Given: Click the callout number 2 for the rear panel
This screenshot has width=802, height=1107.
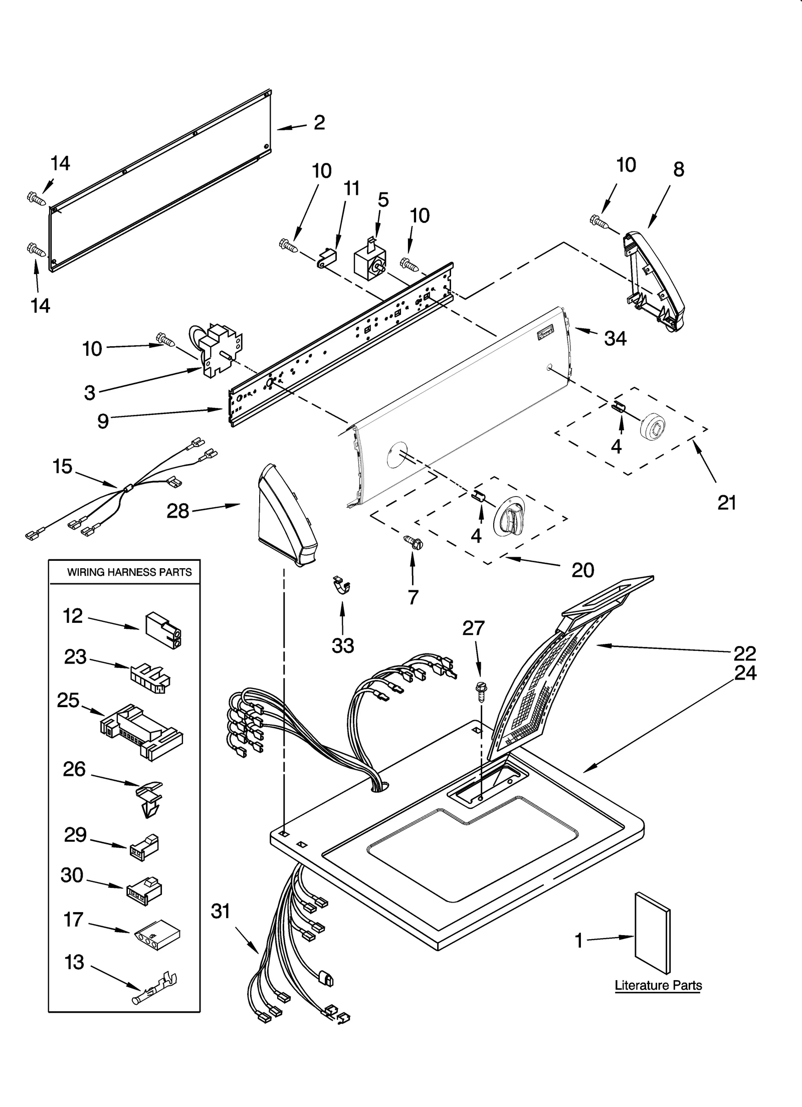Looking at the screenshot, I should point(319,122).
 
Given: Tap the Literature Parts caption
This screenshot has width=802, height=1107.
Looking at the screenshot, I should point(658,985).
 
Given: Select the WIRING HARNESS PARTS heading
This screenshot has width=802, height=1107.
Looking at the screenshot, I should point(129,572).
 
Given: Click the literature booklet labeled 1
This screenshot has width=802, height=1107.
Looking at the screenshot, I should point(652,932).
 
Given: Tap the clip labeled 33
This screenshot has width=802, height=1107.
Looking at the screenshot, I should point(342,585).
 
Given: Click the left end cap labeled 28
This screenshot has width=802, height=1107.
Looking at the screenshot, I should point(286,516).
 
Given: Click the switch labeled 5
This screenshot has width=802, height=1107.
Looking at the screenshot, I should point(369,263).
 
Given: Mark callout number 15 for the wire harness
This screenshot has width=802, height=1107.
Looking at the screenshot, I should point(63,467).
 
